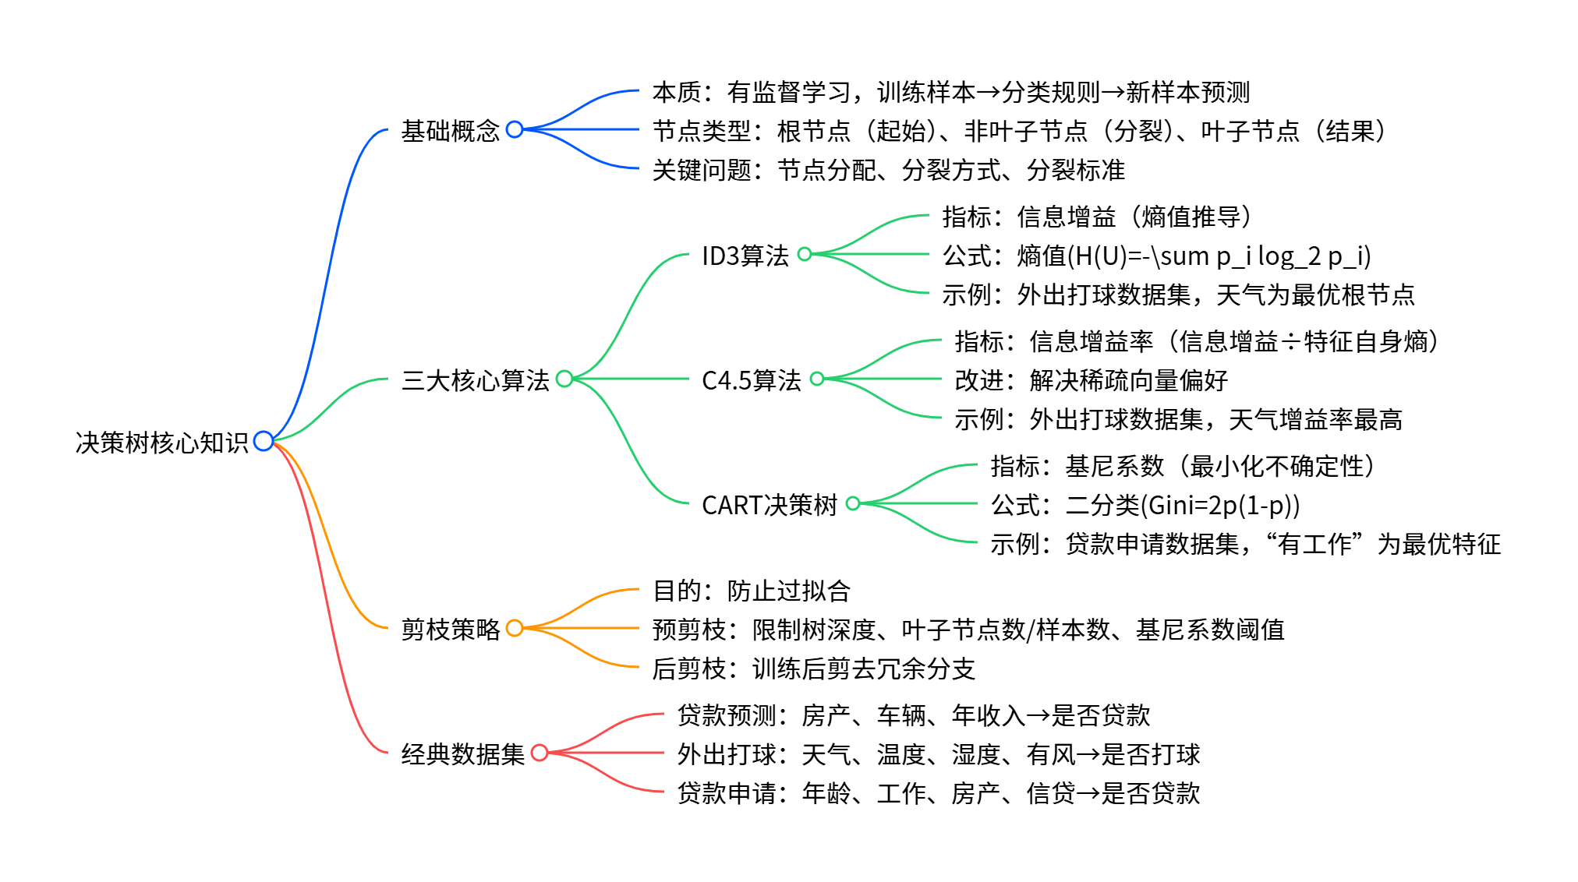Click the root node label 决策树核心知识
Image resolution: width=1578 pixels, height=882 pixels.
(161, 443)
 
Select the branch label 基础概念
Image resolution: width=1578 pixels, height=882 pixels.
(450, 131)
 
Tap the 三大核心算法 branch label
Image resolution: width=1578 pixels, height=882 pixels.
(475, 380)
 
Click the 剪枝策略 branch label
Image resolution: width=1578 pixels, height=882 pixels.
(450, 630)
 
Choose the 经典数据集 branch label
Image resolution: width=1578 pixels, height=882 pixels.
(462, 754)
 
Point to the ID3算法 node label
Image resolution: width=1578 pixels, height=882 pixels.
(745, 256)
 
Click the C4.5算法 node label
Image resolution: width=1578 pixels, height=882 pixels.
(751, 380)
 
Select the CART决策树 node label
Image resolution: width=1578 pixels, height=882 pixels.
(769, 505)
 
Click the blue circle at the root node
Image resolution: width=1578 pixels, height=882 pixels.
(264, 441)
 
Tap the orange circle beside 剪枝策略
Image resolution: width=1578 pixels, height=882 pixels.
(515, 628)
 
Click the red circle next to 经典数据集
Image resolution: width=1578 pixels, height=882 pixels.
(540, 753)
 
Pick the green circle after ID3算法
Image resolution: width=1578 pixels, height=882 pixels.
(805, 254)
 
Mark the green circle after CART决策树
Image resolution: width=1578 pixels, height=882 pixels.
(853, 503)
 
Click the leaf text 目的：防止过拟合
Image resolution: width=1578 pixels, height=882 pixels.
(751, 591)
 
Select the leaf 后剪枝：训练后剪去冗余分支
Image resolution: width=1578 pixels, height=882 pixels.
(813, 669)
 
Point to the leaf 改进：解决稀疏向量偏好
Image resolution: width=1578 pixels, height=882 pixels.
(1091, 380)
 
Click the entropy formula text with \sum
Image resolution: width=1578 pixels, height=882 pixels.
(1156, 256)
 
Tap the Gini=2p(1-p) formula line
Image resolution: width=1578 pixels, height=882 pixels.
(1145, 505)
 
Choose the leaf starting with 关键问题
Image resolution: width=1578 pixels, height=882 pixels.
(888, 170)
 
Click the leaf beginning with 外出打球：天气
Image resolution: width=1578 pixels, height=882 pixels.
(938, 754)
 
